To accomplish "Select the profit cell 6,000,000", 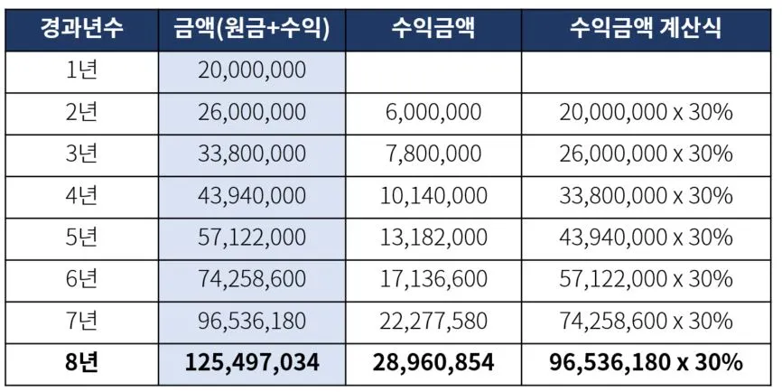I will point(433,113).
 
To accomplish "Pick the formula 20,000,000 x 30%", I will point(646,113).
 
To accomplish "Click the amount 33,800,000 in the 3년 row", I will point(251,154).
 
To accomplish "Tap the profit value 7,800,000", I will point(433,154).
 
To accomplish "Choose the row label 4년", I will point(82,196).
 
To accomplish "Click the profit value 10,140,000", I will point(433,196).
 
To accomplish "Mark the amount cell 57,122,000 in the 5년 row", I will point(251,238).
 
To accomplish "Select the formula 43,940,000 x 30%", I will point(646,238).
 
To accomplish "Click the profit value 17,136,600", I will point(433,279).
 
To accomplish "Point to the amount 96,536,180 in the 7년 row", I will point(251,321).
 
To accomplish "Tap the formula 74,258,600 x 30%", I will point(646,321).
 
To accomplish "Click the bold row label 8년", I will point(82,362).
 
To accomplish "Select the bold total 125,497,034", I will point(251,362).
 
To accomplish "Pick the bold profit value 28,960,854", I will point(433,362).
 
